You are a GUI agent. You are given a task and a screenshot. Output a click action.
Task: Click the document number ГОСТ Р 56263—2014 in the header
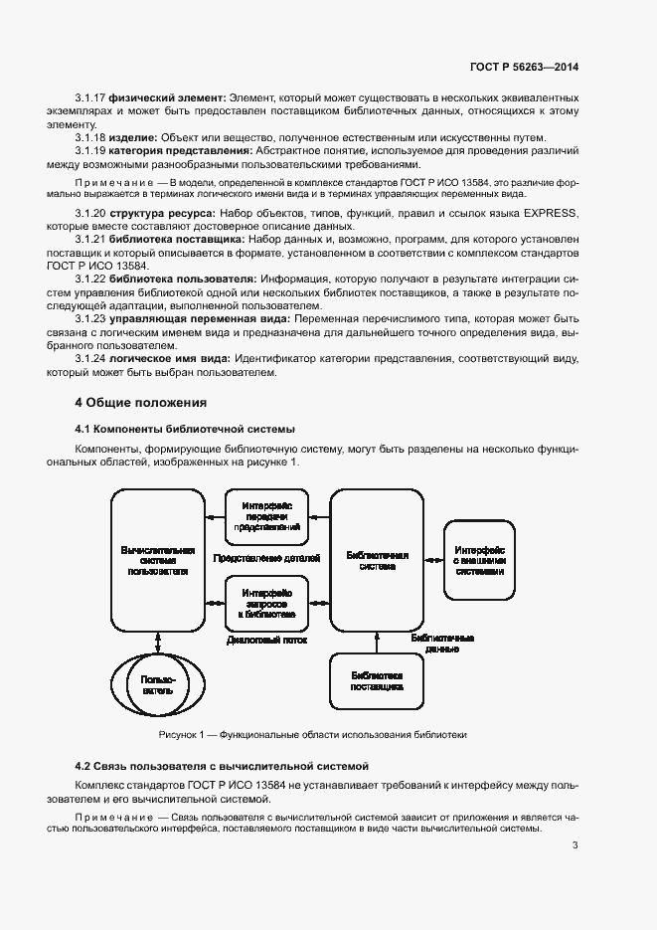[x=524, y=67]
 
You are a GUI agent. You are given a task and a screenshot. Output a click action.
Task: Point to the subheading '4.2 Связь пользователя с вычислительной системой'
[x=222, y=766]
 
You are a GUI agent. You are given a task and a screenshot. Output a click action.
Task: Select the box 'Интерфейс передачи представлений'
[x=266, y=517]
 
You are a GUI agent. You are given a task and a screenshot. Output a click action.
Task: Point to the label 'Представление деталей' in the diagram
[x=266, y=559]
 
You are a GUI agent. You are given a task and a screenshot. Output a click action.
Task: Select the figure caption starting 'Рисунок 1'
[x=312, y=734]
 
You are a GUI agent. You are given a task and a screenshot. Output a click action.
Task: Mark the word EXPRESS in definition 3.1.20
[x=551, y=214]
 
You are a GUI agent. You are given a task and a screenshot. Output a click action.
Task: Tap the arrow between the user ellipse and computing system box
[x=157, y=640]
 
